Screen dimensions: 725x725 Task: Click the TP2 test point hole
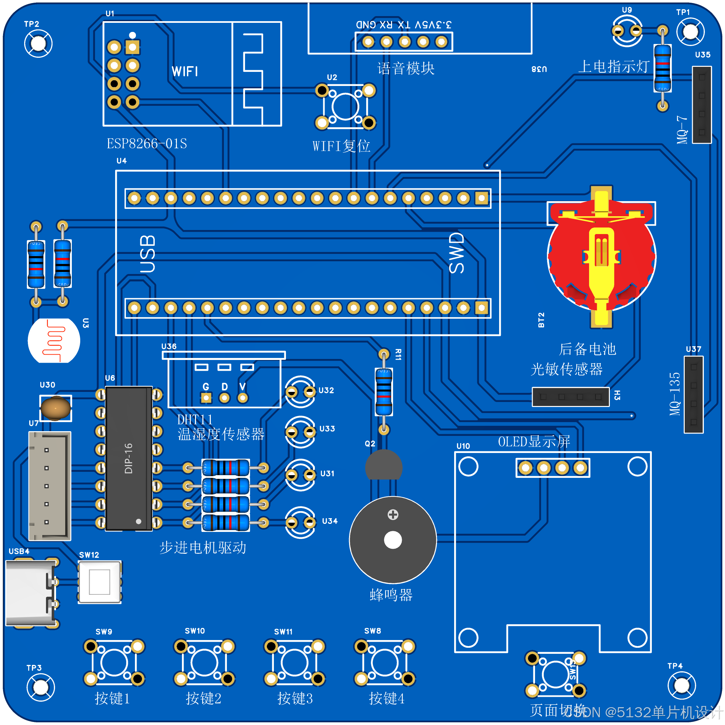(38, 44)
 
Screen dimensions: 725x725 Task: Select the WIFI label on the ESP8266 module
(185, 71)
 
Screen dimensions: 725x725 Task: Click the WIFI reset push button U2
(345, 107)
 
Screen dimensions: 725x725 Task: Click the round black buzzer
(393, 540)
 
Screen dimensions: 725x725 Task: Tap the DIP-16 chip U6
(129, 458)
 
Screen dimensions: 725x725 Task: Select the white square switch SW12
(99, 582)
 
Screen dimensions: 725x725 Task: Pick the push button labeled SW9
(114, 663)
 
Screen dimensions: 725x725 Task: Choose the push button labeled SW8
(385, 663)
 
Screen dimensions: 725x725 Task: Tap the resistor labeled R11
(384, 392)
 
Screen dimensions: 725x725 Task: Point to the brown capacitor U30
(55, 408)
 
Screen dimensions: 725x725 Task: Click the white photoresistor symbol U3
(54, 341)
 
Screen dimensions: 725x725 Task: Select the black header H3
(570, 397)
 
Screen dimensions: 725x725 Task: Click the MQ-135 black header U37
(693, 394)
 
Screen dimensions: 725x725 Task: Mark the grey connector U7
(50, 486)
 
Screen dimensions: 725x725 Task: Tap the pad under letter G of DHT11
(206, 398)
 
